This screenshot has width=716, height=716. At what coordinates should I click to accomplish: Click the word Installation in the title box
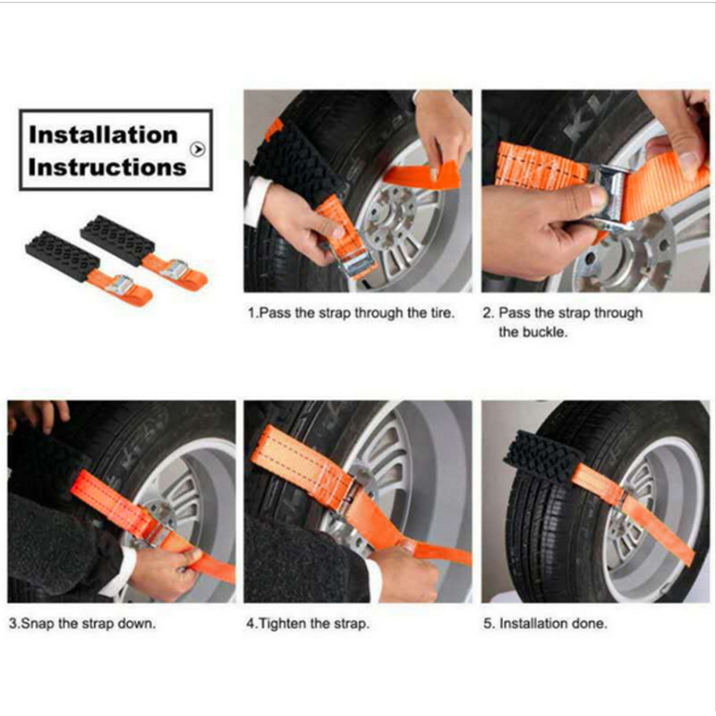(103, 135)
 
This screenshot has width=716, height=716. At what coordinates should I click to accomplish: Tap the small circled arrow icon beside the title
(198, 150)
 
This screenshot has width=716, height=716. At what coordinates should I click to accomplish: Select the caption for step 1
(351, 314)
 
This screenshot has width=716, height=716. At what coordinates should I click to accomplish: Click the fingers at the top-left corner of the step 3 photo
(39, 413)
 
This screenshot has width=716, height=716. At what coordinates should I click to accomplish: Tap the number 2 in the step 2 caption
(488, 314)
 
